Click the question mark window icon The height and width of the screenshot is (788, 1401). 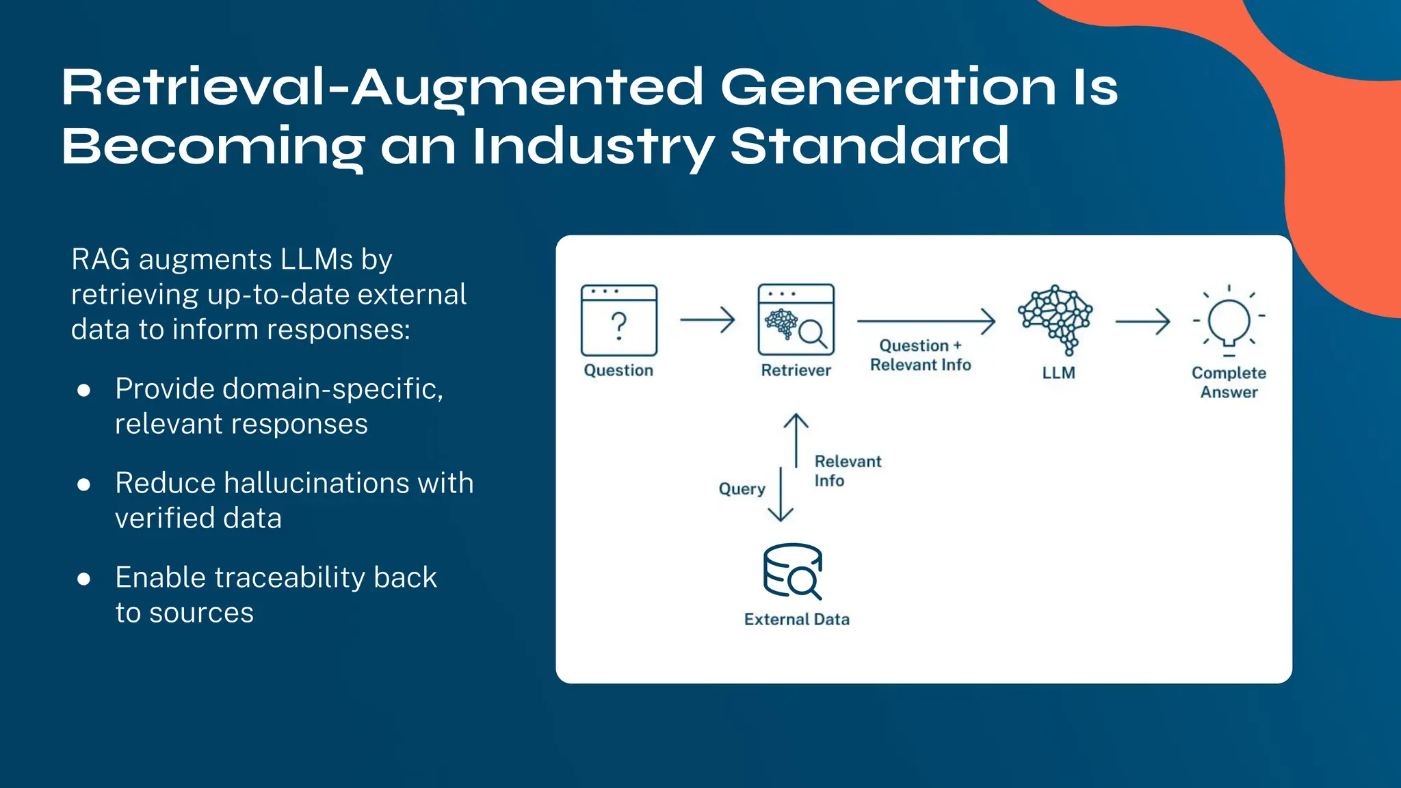[x=618, y=320]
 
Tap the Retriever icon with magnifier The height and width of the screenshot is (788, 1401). [x=796, y=319]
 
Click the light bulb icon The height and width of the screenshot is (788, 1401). [x=1229, y=320]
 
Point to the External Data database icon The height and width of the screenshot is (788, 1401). [x=792, y=571]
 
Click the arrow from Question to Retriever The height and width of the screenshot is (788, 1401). [x=707, y=319]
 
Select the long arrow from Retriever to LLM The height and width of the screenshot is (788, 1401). [x=926, y=320]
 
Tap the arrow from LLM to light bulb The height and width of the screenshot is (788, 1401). [x=1142, y=321]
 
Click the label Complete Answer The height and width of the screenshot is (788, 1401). [x=1229, y=382]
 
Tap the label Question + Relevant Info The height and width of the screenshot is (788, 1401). [x=920, y=355]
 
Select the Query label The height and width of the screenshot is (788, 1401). [x=742, y=489]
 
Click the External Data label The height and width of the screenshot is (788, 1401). [x=796, y=619]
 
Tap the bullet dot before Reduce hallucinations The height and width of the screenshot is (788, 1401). [x=84, y=485]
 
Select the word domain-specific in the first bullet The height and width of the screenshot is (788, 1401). [x=332, y=389]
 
